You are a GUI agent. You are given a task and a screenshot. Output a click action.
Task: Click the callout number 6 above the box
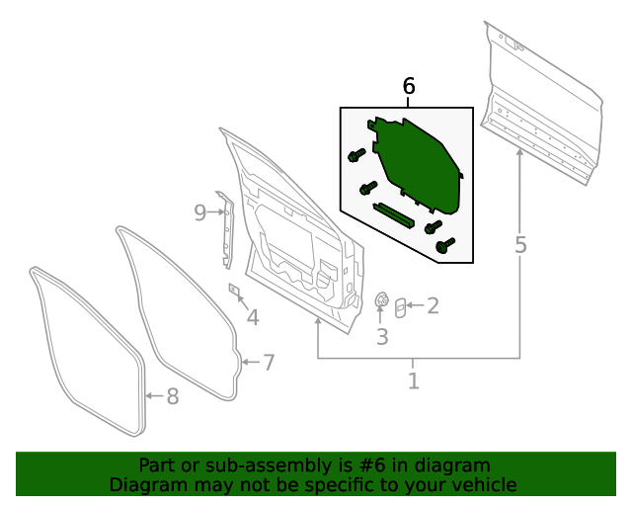click(409, 87)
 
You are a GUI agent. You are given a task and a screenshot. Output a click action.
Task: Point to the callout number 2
click(432, 306)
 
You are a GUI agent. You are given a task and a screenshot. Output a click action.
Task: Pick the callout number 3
click(382, 337)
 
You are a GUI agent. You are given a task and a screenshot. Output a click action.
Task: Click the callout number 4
click(253, 317)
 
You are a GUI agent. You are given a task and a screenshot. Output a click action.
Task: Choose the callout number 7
click(268, 363)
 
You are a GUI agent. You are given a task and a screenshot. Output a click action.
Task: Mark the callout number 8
click(172, 396)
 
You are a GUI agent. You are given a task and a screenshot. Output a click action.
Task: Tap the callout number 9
click(199, 211)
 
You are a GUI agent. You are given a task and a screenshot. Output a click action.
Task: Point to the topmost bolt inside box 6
click(356, 155)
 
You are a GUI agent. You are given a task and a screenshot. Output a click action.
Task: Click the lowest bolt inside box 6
click(444, 246)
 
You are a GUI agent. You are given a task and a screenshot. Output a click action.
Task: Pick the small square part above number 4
click(235, 291)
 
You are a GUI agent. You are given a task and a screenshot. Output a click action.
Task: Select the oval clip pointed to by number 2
click(400, 307)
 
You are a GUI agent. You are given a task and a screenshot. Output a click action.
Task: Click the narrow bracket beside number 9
click(225, 229)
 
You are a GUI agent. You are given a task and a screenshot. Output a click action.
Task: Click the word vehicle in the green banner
click(481, 485)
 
